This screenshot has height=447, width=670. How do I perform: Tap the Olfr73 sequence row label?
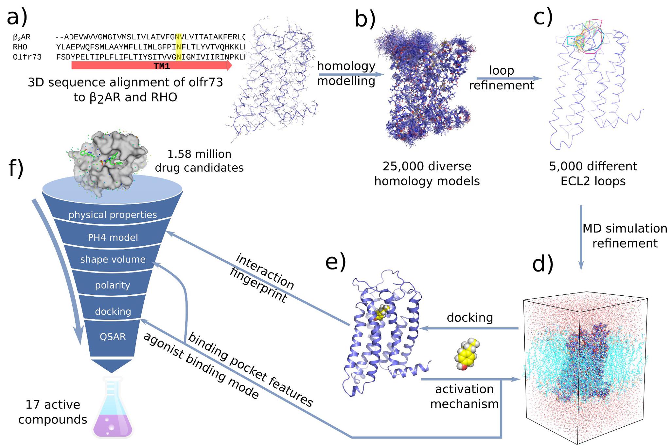coord(27,57)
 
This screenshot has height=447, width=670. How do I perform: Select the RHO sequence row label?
coord(20,47)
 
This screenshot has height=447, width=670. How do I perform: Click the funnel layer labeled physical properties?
coord(113,215)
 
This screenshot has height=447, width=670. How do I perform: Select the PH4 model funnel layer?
coord(113,237)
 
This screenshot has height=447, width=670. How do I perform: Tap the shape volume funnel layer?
coord(113,259)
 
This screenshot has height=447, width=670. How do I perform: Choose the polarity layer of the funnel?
coord(113,285)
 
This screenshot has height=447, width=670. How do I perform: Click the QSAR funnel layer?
coord(113,337)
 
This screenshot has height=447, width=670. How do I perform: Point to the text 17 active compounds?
coord(53,412)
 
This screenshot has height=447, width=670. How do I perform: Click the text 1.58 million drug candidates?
coord(199,161)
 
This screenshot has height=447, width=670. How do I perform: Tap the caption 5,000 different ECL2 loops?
coord(593,174)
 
